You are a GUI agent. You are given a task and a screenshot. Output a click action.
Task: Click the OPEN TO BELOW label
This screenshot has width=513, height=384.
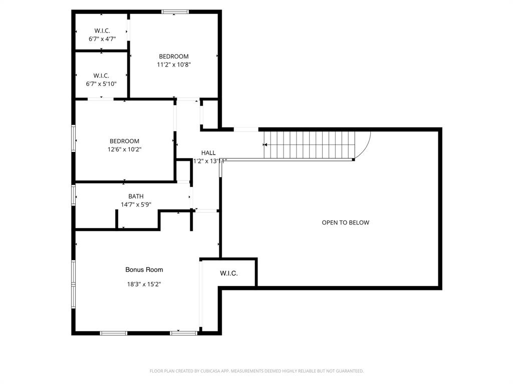coord(345,222)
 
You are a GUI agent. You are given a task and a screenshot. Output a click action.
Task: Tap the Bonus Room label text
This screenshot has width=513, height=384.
coord(144,269)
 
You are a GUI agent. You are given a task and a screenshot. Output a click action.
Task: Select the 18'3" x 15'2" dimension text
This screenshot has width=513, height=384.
coord(144,284)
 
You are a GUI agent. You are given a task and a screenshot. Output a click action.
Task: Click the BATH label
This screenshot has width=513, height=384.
coord(136,196)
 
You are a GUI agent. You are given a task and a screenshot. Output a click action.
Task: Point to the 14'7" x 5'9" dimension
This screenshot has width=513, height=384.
coord(136,204)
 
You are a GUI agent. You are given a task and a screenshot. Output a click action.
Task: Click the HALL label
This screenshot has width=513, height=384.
coord(208,153)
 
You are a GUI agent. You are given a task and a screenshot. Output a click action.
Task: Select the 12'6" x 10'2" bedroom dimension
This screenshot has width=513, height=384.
coord(125,149)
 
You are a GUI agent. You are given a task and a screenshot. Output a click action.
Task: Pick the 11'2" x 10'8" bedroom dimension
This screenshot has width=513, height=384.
coord(174,64)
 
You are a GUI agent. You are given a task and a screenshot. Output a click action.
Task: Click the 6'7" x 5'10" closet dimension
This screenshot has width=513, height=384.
coord(101,83)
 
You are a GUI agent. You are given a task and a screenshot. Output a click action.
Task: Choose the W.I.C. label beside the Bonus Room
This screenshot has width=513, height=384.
coord(228,273)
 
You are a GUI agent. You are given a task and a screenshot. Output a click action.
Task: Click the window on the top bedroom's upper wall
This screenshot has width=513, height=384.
coord(175,11)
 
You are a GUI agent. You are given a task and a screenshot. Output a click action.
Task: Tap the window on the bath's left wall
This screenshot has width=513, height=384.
coord(74,195)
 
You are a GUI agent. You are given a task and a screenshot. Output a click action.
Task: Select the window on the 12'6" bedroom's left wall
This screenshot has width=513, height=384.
coord(74,138)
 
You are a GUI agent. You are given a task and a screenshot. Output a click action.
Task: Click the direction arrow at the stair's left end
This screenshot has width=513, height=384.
coord(265,144)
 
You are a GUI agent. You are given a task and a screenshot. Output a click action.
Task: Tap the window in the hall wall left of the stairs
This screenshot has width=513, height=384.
coord(246,129)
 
